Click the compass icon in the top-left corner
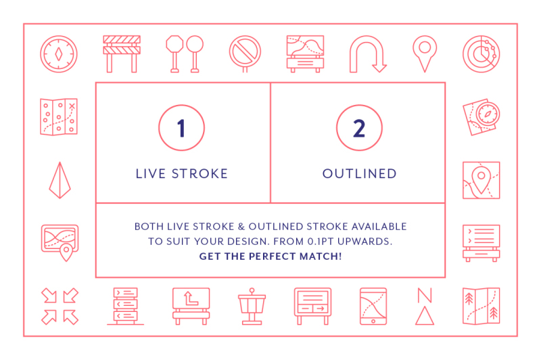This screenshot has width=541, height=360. click(x=59, y=54)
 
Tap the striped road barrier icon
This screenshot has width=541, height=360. click(x=122, y=54)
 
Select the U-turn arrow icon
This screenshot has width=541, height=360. click(x=368, y=54)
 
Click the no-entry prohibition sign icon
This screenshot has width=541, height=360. click(x=245, y=53)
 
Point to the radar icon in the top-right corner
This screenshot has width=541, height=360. click(x=481, y=54)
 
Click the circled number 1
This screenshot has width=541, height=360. click(x=181, y=128)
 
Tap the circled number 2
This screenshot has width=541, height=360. click(x=359, y=128)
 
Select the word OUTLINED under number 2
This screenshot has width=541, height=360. click(x=360, y=174)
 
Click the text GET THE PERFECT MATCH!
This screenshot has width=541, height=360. click(x=270, y=256)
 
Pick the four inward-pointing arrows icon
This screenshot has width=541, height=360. click(x=60, y=306)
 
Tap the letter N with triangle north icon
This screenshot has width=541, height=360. click(x=425, y=306)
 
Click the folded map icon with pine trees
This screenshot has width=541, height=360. click(x=481, y=306)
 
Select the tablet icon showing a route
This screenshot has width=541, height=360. click(x=373, y=306)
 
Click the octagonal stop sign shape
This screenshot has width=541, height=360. click(x=174, y=44)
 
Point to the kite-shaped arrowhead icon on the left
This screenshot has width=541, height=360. click(x=60, y=180)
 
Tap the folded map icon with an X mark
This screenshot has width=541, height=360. click(x=59, y=117)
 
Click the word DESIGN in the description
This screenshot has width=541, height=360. click(x=248, y=242)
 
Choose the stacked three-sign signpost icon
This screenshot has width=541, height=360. click(x=125, y=306)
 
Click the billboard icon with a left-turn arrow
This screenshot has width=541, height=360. click(x=191, y=306)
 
